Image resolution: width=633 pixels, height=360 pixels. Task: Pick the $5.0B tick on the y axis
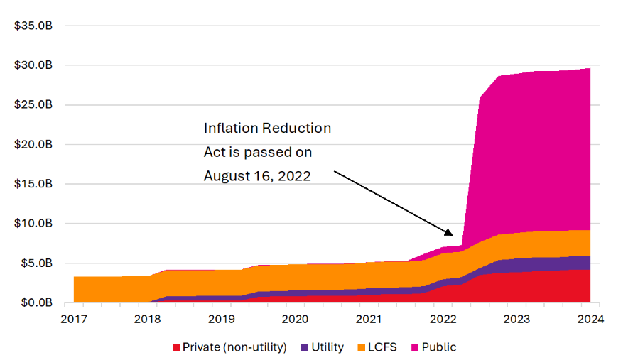35,263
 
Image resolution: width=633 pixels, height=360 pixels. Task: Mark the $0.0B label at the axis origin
35,303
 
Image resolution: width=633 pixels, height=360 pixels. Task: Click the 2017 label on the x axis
74,319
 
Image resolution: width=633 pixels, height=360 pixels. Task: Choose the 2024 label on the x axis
590,319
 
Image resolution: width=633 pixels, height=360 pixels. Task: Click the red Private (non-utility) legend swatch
175,348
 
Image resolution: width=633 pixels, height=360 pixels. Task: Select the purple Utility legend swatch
305,348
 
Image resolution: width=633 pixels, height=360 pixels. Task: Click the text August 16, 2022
257,175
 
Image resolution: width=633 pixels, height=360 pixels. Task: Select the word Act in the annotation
214,152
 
